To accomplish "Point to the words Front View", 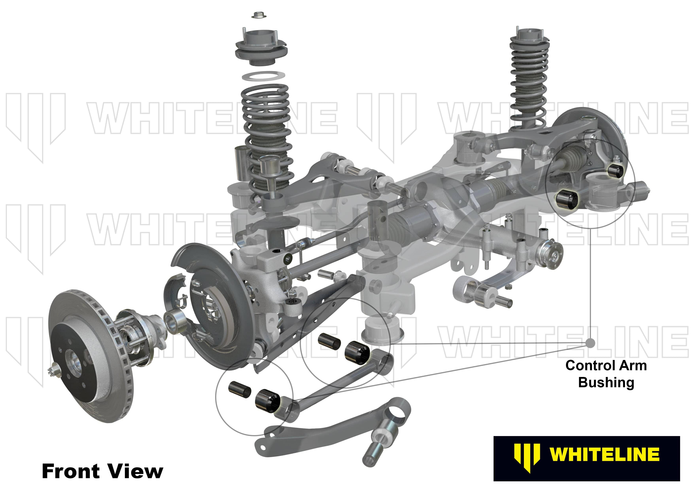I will coord(102,471).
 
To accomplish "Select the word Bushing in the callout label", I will coord(606,382).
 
